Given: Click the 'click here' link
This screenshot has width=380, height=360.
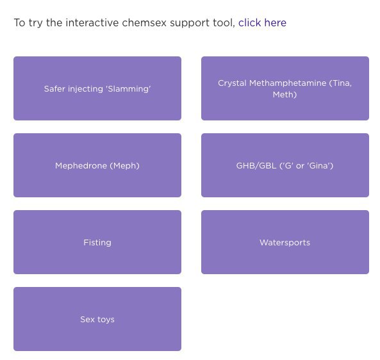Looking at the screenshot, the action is point(262,23).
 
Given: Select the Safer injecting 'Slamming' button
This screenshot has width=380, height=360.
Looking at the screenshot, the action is point(97,88).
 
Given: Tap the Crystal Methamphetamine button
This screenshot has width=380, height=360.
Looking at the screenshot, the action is point(285,88).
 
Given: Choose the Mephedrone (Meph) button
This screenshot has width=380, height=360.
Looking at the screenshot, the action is point(97,165).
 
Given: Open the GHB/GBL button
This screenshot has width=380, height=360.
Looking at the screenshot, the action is point(285,165).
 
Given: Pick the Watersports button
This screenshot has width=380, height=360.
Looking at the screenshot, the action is point(285,242).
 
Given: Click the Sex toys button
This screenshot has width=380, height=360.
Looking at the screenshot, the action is point(97,319).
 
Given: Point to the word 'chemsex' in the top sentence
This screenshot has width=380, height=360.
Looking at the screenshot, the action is point(144,23).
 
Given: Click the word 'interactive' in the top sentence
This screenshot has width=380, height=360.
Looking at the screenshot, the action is point(92,23).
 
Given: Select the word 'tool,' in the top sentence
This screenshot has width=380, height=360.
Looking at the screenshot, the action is point(224,23).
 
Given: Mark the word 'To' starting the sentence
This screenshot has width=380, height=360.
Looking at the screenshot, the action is point(20,23).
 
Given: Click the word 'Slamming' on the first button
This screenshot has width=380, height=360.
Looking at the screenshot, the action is point(128,89).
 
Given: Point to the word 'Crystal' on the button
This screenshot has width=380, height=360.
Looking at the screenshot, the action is point(232,83).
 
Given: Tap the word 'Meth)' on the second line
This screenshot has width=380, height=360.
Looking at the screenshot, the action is point(285,94).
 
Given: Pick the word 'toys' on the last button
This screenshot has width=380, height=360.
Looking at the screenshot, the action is point(106,320).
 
